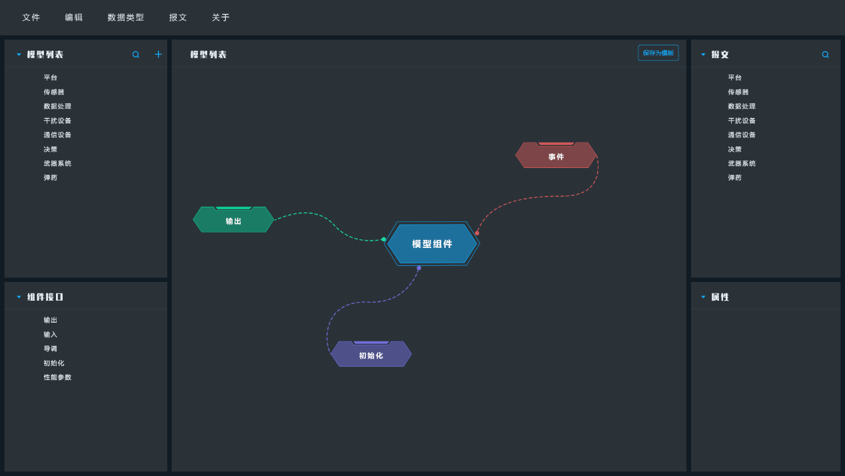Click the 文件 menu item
click(x=31, y=17)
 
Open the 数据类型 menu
click(x=126, y=17)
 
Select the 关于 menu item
click(x=221, y=17)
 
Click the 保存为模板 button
click(x=658, y=53)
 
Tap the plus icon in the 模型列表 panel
click(x=159, y=55)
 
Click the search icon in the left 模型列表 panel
click(x=136, y=55)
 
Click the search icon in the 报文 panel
click(x=826, y=55)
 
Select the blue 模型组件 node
click(x=432, y=244)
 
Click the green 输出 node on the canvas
click(x=233, y=219)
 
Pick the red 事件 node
click(x=556, y=155)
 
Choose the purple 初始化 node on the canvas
click(x=371, y=354)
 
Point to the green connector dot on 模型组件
click(x=384, y=239)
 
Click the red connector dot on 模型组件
click(x=477, y=233)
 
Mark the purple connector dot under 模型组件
click(x=419, y=268)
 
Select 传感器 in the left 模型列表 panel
click(x=54, y=92)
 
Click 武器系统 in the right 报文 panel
click(x=742, y=163)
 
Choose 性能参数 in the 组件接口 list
click(x=57, y=377)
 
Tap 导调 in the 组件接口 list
click(x=50, y=349)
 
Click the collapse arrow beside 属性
click(x=703, y=297)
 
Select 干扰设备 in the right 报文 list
click(x=742, y=121)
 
